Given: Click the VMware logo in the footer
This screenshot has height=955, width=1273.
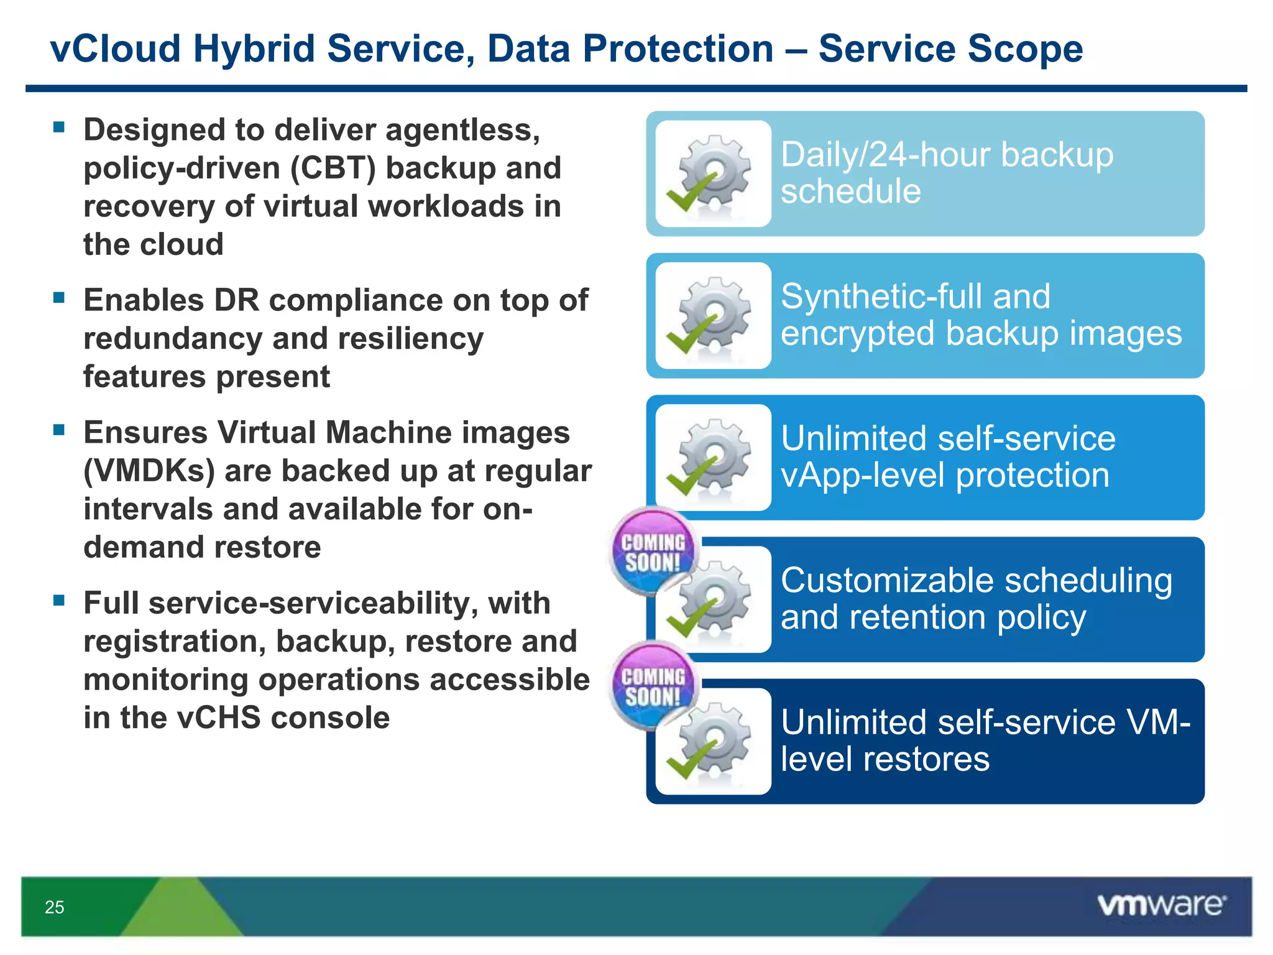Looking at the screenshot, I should pyautogui.click(x=1161, y=905).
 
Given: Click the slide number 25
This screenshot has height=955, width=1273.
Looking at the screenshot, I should pyautogui.click(x=54, y=907).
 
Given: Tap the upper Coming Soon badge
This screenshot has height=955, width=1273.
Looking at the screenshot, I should pyautogui.click(x=653, y=551).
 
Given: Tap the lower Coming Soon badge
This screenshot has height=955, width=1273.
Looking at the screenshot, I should pyautogui.click(x=653, y=685).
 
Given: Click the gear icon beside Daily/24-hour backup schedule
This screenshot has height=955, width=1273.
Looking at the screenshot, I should pyautogui.click(x=714, y=173).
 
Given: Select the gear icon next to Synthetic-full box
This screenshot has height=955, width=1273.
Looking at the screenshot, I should pyautogui.click(x=714, y=315).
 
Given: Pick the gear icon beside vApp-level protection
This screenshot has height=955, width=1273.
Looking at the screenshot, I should pyautogui.click(x=714, y=458).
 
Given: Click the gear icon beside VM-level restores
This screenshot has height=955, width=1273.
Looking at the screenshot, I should pyautogui.click(x=714, y=741).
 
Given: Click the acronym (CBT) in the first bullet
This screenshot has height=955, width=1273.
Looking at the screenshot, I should pyautogui.click(x=333, y=168).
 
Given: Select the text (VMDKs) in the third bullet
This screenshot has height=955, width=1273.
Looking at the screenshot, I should pyautogui.click(x=149, y=471).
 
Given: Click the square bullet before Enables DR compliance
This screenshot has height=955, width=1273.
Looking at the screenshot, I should pyautogui.click(x=59, y=297).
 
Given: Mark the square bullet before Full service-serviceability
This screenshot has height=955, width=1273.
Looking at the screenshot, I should pyautogui.click(x=59, y=600).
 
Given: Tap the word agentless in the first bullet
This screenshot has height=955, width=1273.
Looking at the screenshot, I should pyautogui.click(x=462, y=131).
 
